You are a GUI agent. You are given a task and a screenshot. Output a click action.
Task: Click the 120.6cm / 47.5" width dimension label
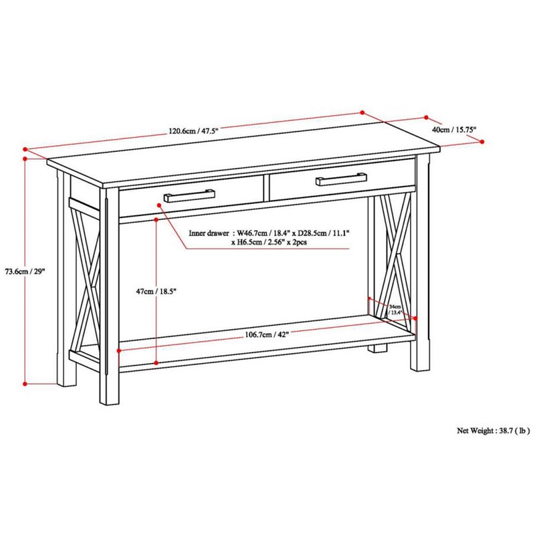[x=193, y=131]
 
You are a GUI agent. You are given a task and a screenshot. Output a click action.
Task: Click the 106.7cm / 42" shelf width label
[x=266, y=335]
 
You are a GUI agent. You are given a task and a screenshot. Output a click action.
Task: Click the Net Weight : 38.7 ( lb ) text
[x=494, y=431]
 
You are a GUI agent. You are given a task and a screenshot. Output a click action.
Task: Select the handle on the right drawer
[x=342, y=179]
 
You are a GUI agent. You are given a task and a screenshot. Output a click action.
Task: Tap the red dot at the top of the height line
[x=25, y=158]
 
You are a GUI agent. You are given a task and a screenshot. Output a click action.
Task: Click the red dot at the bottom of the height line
[x=25, y=384]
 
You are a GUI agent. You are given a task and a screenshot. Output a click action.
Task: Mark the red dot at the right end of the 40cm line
[x=481, y=140]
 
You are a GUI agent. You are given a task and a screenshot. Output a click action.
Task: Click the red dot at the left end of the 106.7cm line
[x=118, y=350]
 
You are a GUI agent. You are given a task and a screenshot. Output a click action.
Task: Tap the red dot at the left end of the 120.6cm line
[x=25, y=149]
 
